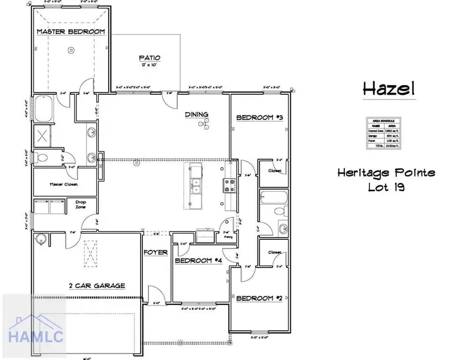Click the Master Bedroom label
(x=70, y=32)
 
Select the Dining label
(x=197, y=114)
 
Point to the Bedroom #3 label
(x=257, y=118)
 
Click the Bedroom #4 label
(x=198, y=261)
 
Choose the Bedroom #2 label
(x=259, y=298)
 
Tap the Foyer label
(x=156, y=253)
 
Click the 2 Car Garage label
(x=97, y=285)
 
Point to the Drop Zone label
(x=80, y=204)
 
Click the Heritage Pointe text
(x=386, y=172)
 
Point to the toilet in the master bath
(x=43, y=157)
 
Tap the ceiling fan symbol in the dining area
(x=205, y=123)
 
